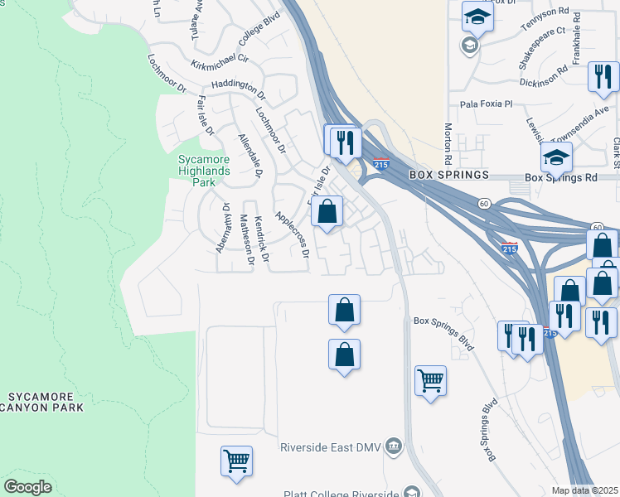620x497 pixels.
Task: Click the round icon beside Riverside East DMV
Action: tap(394, 448)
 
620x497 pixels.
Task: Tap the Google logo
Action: tap(27, 487)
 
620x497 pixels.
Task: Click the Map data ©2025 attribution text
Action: tap(584, 490)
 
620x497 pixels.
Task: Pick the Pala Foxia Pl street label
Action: tap(487, 104)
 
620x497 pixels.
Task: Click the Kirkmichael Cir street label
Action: tap(220, 58)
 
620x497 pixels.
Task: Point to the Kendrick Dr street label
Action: tap(262, 240)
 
